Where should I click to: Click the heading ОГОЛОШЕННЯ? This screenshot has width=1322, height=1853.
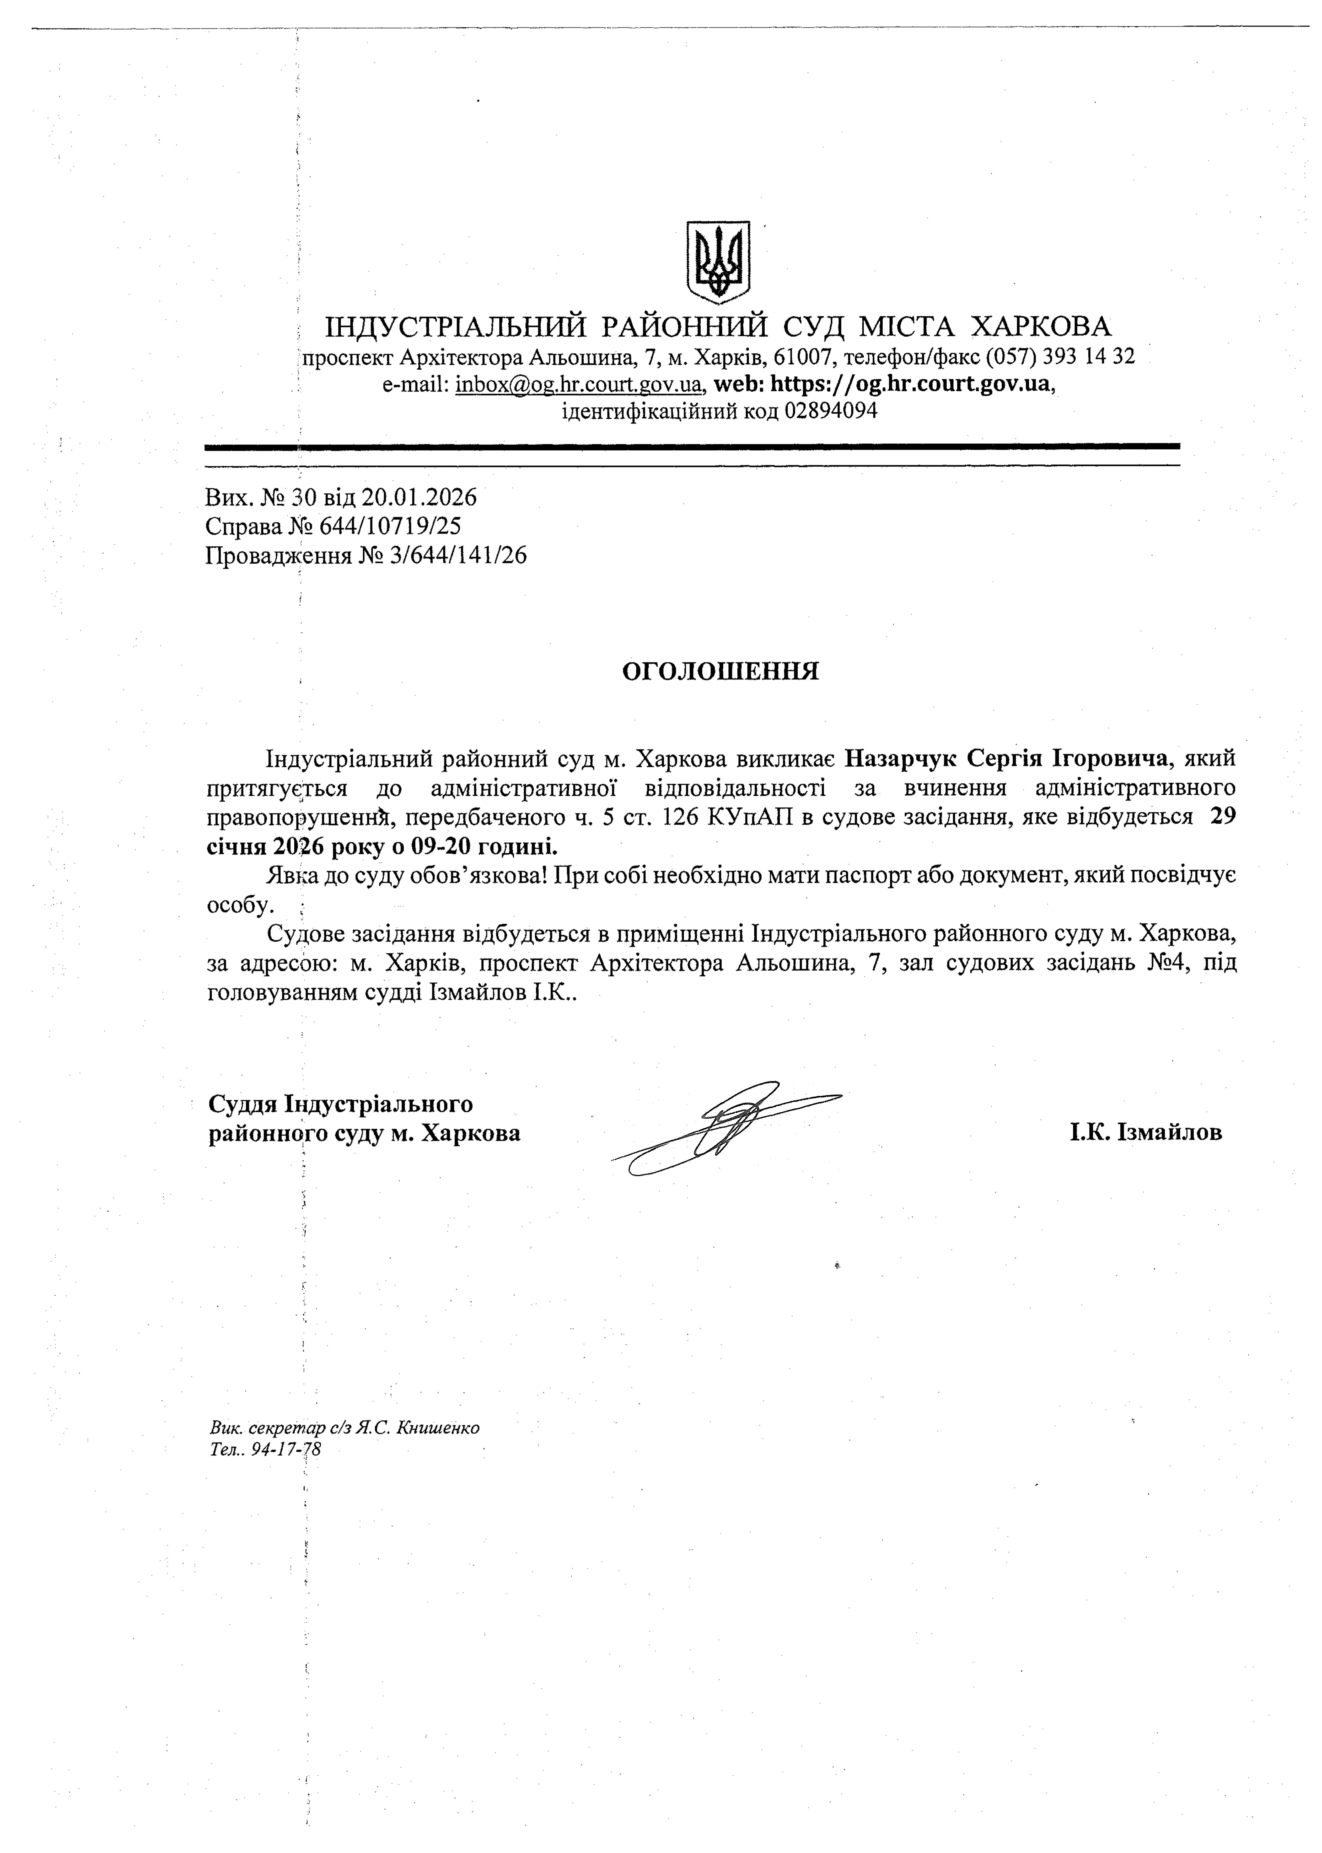720,671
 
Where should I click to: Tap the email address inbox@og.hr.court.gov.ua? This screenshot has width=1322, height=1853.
580,384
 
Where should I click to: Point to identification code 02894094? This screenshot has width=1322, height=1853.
830,411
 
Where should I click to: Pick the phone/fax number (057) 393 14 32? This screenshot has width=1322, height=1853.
1060,357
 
